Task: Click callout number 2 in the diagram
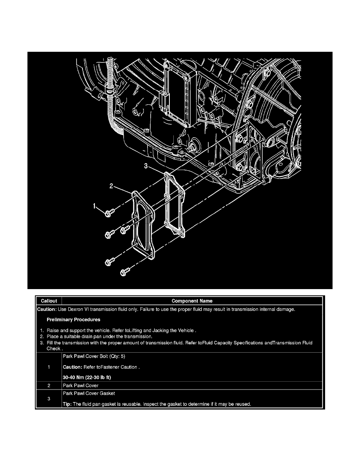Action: pos(111,187)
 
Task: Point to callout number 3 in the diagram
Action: pos(145,166)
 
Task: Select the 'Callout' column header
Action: pos(49,301)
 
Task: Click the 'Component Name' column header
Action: pos(192,301)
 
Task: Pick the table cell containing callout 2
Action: pos(49,386)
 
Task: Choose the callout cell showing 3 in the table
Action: pos(49,400)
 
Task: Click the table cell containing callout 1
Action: pos(49,367)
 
